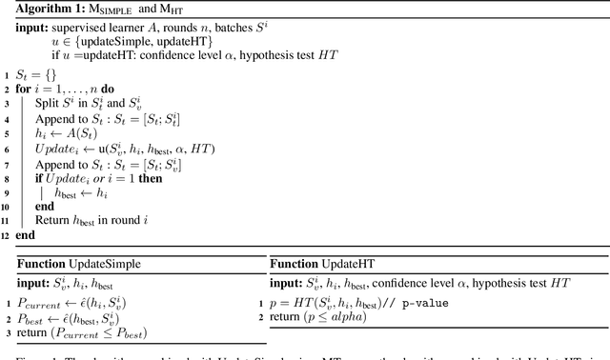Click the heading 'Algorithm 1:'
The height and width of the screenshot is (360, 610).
[x=47, y=9]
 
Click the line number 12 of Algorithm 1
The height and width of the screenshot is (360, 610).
[x=6, y=234]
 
